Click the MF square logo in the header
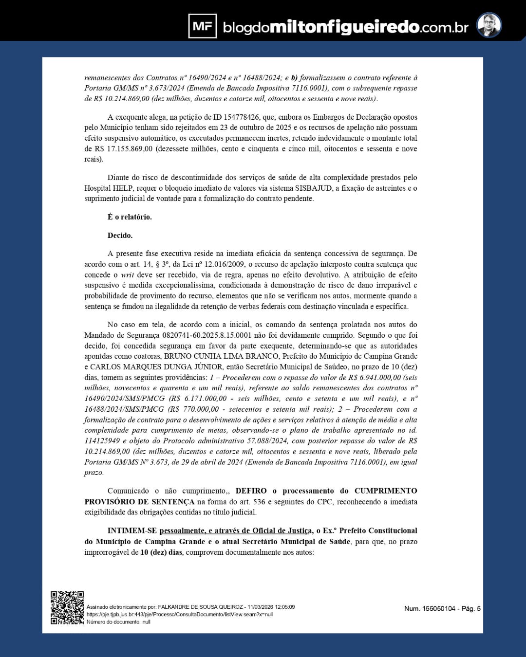[202, 26]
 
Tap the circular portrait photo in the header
[488, 25]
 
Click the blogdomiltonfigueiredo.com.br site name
[345, 27]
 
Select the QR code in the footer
[67, 607]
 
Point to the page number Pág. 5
[471, 608]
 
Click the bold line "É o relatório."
[130, 217]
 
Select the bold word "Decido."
[120, 236]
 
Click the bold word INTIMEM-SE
[132, 530]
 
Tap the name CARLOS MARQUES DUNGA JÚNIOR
[156, 367]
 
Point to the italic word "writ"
[128, 275]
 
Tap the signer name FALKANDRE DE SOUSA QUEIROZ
[200, 607]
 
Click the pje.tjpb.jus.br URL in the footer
[179, 614]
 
